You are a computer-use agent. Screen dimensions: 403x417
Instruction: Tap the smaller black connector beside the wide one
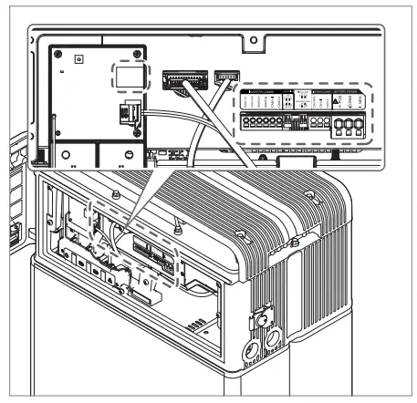point(225,78)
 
